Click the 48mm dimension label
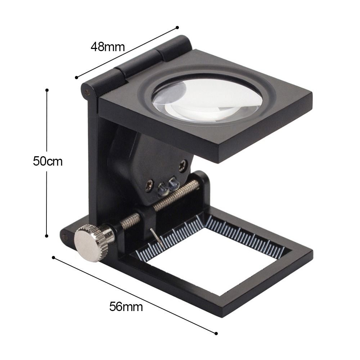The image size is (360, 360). click(108, 47)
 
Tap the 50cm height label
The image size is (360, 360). click(48, 162)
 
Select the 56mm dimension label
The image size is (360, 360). click(126, 307)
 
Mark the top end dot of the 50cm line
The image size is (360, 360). click(47, 90)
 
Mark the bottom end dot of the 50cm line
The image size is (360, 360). click(47, 236)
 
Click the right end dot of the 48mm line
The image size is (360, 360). click(177, 27)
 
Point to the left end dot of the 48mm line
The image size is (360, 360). click(77, 77)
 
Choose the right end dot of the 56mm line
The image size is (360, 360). click(216, 333)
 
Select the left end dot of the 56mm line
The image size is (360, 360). click(53, 257)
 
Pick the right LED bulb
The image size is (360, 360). click(174, 182)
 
